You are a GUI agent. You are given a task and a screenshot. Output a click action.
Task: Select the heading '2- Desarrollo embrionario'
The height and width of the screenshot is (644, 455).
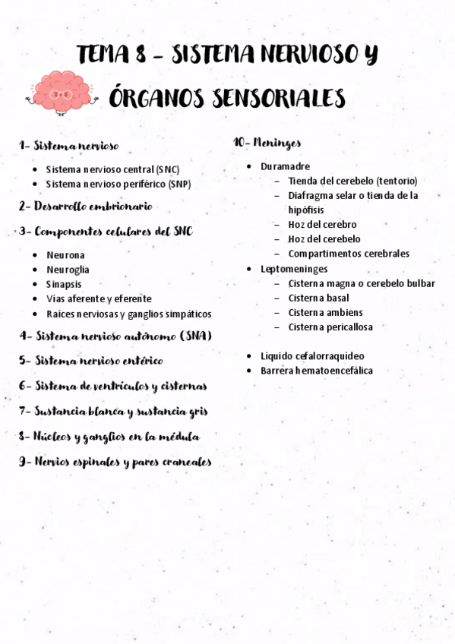coord(86,206)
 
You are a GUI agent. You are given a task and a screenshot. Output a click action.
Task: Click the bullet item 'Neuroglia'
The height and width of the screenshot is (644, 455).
coord(68,270)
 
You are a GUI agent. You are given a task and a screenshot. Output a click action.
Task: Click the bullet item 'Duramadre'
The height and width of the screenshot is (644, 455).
coord(285,166)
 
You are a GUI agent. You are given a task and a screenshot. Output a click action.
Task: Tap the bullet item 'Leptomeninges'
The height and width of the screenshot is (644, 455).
coord(294,269)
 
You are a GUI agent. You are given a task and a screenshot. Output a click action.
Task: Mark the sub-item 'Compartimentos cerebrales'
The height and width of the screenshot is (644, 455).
coord(349,254)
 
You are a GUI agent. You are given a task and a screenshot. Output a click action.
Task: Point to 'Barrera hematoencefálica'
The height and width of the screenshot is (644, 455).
coord(317,371)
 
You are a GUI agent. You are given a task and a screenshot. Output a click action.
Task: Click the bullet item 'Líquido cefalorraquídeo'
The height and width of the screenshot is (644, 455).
coord(312,355)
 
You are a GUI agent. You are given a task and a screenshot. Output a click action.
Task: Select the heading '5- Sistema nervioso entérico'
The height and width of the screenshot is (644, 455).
coord(91,361)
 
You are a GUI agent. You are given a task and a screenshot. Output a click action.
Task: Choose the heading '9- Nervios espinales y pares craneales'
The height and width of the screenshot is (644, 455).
coord(115,462)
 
